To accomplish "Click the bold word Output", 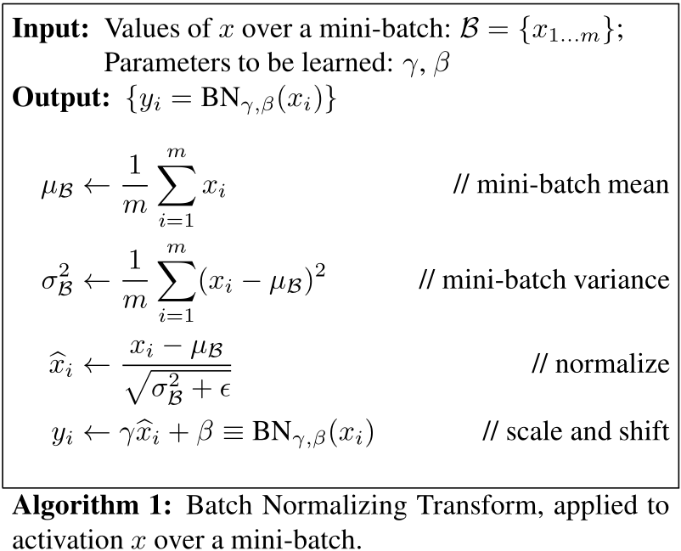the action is tap(61, 98).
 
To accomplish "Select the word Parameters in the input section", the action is tap(167, 63).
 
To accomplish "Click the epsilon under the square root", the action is tap(225, 389).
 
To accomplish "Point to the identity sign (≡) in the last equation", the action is tap(233, 433).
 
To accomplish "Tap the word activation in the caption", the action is tap(68, 540).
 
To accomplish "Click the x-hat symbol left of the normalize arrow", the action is tap(61, 365).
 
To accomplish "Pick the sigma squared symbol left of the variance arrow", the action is tap(58, 280).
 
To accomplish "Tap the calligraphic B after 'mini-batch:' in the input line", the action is tap(469, 29).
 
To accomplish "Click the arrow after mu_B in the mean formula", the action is tap(97, 186).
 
